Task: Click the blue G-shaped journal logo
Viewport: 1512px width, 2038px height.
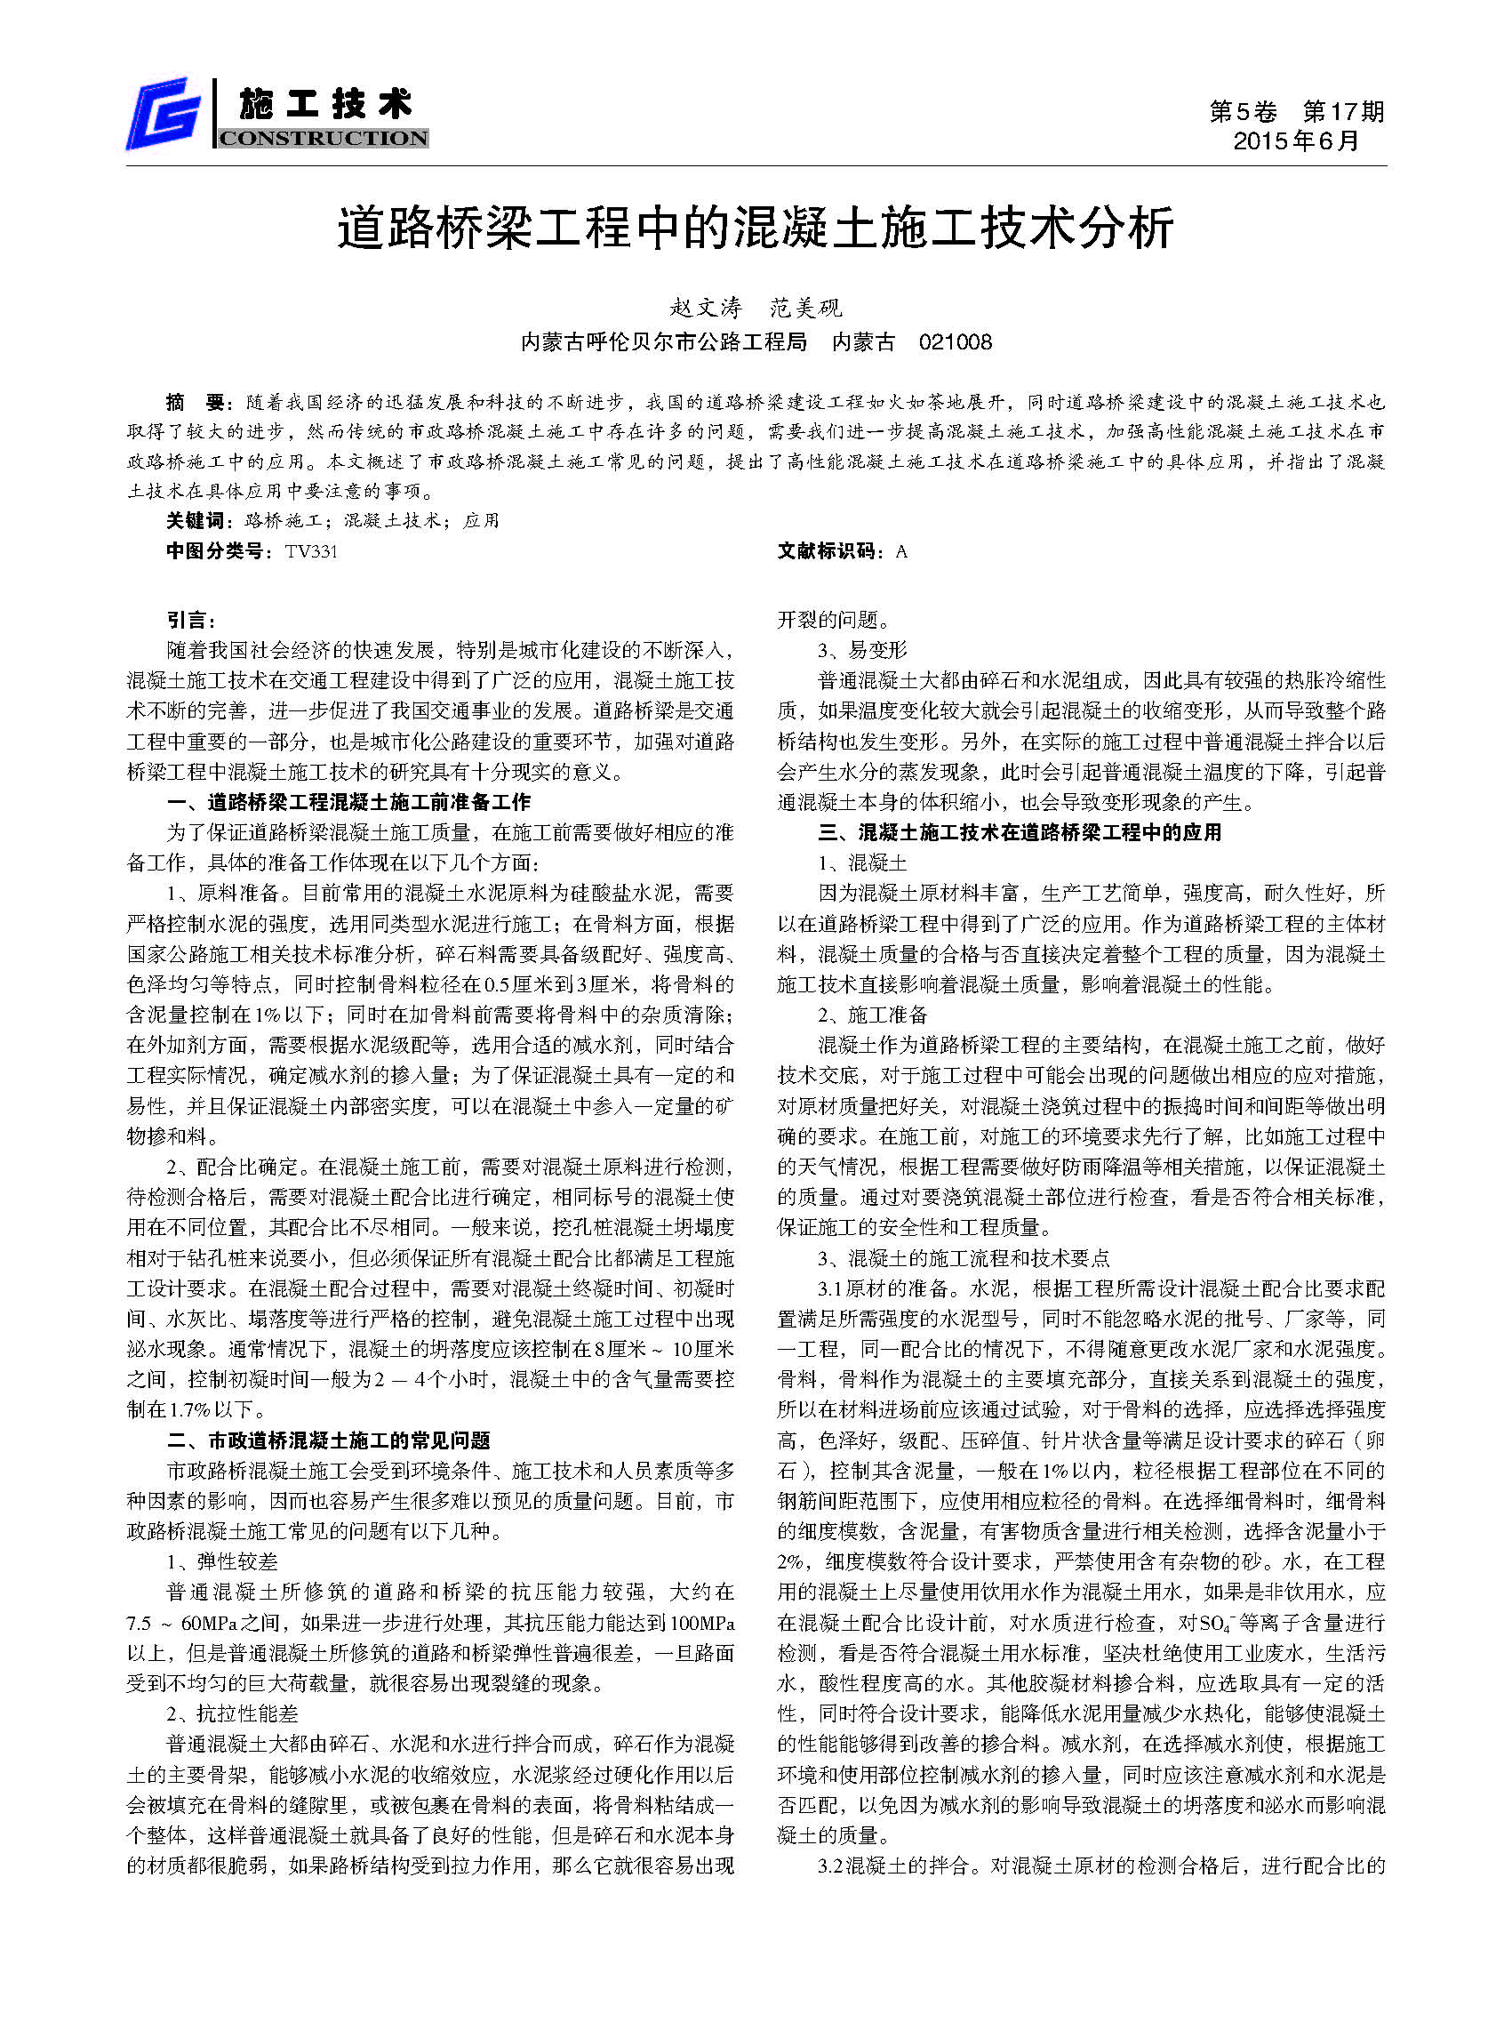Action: coord(164,114)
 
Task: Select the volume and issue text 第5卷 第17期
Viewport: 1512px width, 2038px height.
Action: coord(1296,112)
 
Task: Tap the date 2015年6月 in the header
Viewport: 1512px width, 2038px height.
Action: coord(1296,141)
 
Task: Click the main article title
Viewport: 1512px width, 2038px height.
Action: coord(755,228)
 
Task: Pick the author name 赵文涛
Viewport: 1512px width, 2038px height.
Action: coord(707,308)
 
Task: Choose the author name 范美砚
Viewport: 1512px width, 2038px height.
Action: coord(805,308)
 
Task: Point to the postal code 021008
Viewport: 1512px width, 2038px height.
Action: coord(955,342)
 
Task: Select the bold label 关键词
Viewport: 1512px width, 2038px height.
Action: coord(194,521)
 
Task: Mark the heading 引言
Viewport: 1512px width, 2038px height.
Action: coord(190,620)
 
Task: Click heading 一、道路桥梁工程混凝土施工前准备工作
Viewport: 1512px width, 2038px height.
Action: coord(348,802)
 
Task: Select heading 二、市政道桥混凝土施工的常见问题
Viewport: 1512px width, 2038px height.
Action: coord(329,1441)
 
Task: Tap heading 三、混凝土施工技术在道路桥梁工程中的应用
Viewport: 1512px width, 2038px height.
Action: coord(1020,832)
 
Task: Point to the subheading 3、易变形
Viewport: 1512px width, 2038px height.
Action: coord(862,650)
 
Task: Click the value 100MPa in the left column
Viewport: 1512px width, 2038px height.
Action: coord(702,1624)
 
